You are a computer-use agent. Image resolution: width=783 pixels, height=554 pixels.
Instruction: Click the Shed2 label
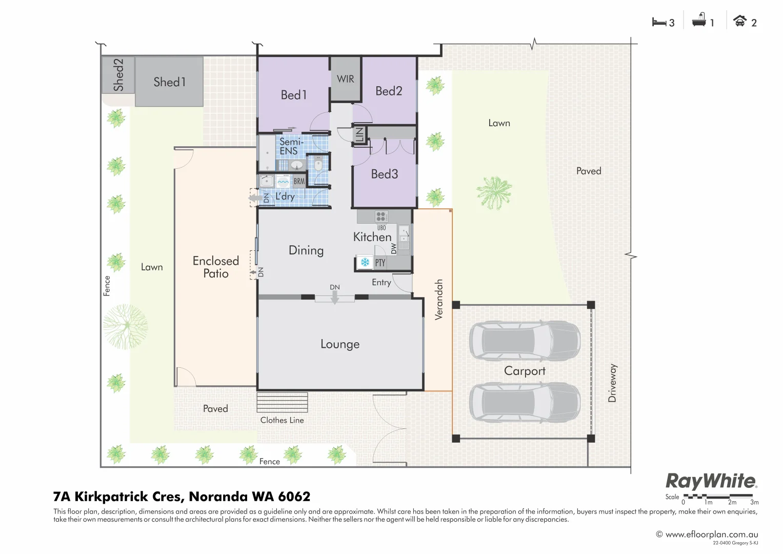[118, 75]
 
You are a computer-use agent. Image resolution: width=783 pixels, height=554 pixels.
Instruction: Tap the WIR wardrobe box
[345, 79]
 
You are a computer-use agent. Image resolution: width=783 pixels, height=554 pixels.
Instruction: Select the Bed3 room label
[384, 174]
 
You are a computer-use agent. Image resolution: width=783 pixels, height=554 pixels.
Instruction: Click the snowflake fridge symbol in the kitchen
[365, 263]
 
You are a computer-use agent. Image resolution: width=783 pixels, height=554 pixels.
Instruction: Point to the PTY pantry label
[380, 263]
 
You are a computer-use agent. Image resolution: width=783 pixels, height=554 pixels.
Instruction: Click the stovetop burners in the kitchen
[381, 216]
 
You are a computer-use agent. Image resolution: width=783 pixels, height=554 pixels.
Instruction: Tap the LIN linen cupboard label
[359, 135]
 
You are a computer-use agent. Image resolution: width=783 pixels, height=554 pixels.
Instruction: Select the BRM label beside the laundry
[299, 182]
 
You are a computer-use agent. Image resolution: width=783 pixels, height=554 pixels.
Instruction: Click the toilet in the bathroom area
[318, 165]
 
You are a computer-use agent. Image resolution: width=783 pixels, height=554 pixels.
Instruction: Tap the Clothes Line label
[282, 420]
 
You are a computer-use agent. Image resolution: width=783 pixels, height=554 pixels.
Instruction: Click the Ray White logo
[711, 482]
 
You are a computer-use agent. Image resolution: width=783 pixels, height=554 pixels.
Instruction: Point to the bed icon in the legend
[658, 22]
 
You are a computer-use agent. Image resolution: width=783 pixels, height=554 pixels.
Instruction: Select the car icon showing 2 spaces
[739, 22]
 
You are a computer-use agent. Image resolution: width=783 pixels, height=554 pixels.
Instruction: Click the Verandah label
[438, 300]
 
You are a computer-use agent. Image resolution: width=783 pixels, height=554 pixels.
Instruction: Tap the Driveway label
[612, 383]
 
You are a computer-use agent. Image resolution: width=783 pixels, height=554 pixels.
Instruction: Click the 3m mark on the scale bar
[754, 502]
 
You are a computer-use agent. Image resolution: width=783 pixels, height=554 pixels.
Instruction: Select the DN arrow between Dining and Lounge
[335, 295]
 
